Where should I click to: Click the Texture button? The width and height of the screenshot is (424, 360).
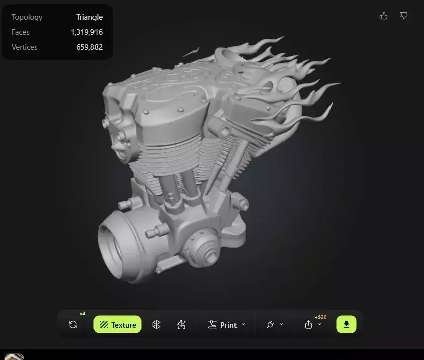tap(117, 325)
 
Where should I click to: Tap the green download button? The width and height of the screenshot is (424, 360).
tap(346, 324)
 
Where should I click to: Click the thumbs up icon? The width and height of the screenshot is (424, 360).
tap(383, 16)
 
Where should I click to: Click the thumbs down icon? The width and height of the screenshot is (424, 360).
tap(403, 16)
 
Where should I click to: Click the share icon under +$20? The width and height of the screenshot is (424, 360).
tap(309, 325)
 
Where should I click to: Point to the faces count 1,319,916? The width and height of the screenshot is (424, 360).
tap(86, 32)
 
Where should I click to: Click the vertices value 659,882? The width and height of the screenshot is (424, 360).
tap(88, 47)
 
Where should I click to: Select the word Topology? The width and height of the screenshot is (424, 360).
tap(27, 17)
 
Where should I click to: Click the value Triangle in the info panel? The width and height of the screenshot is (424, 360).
tap(89, 17)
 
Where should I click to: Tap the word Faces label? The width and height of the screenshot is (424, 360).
tap(21, 32)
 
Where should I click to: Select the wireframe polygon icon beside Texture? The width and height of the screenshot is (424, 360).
tap(156, 325)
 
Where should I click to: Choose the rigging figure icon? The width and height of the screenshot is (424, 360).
tap(182, 325)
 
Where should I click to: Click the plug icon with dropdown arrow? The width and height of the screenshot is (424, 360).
tap(271, 325)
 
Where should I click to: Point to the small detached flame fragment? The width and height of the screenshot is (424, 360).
tap(191, 52)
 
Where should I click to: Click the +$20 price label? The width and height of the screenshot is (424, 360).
tap(320, 317)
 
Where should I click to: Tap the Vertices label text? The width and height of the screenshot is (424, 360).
tap(25, 47)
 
